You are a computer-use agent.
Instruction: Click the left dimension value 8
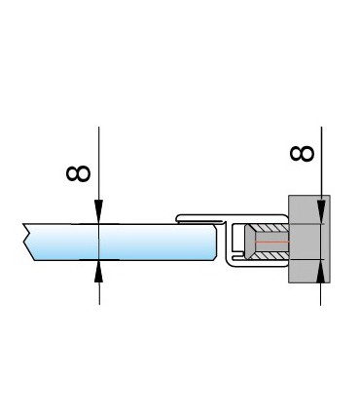pos(79,173)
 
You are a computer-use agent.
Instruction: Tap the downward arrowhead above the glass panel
pos(99,214)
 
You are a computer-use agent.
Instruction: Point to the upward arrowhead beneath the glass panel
pos(99,270)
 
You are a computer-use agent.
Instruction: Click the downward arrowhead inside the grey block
pos(321,216)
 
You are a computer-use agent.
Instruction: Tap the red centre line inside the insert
pos(268,241)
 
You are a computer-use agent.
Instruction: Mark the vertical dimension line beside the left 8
pos(99,166)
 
